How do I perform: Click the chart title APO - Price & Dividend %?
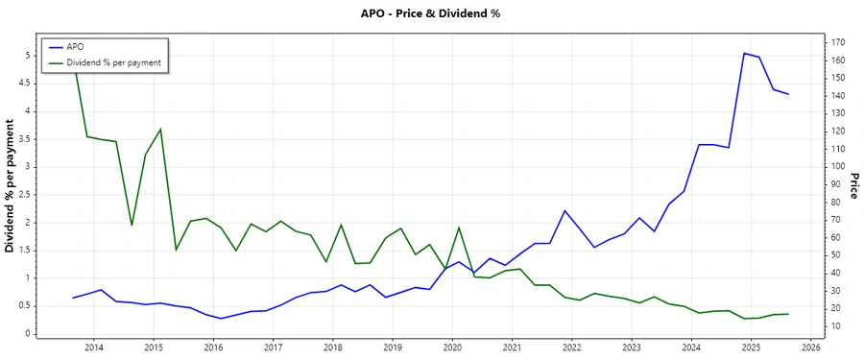click(x=431, y=13)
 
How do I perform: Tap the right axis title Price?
click(x=852, y=186)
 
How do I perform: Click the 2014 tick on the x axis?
click(x=94, y=347)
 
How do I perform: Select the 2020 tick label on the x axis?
click(x=452, y=347)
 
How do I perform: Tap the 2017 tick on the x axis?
click(x=273, y=347)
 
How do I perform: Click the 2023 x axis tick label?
click(x=632, y=347)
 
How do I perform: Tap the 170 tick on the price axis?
click(x=838, y=42)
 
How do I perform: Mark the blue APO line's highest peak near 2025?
click(x=744, y=53)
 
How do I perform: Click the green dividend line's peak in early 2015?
click(x=160, y=129)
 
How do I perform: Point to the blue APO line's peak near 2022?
click(x=565, y=210)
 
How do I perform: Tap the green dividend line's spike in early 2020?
click(x=459, y=228)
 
